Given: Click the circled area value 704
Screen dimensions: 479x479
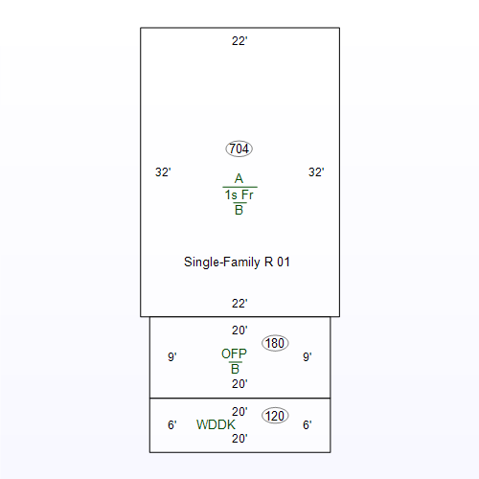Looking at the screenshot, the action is coord(239,148).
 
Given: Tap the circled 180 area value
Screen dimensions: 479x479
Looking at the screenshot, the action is coord(275,343).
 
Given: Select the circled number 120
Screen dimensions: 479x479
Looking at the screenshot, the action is coord(275,416).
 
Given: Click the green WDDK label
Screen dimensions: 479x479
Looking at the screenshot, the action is coord(216,424).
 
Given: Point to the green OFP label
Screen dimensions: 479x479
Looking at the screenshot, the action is coord(234,354).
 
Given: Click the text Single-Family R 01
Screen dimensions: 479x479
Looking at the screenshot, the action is coord(237,262).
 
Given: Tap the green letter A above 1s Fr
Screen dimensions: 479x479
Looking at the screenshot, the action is coord(239,178).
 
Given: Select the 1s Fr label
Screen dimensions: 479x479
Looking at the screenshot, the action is coord(239,194).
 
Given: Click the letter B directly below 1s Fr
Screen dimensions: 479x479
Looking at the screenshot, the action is coord(239,210).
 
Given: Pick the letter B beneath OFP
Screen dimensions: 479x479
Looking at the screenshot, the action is coord(235,369).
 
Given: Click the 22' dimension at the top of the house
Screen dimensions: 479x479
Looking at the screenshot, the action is coord(239,41).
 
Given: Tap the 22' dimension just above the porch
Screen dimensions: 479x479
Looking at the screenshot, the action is coord(239,304).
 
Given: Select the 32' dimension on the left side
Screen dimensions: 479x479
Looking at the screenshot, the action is coord(163,172).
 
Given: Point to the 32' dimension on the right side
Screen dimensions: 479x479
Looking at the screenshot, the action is coord(316,172).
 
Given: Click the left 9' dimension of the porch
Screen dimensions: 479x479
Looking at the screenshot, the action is coord(172,356).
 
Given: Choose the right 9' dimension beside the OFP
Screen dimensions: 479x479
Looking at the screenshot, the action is coord(308,356).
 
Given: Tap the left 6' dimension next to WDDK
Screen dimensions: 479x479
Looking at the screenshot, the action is coord(172,425).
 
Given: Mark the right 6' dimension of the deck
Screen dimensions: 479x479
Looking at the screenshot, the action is coord(308,425).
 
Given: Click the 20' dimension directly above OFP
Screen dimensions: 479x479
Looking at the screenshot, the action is coord(239,331).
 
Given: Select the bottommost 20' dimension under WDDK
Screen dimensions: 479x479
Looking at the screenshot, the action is coord(239,439).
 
